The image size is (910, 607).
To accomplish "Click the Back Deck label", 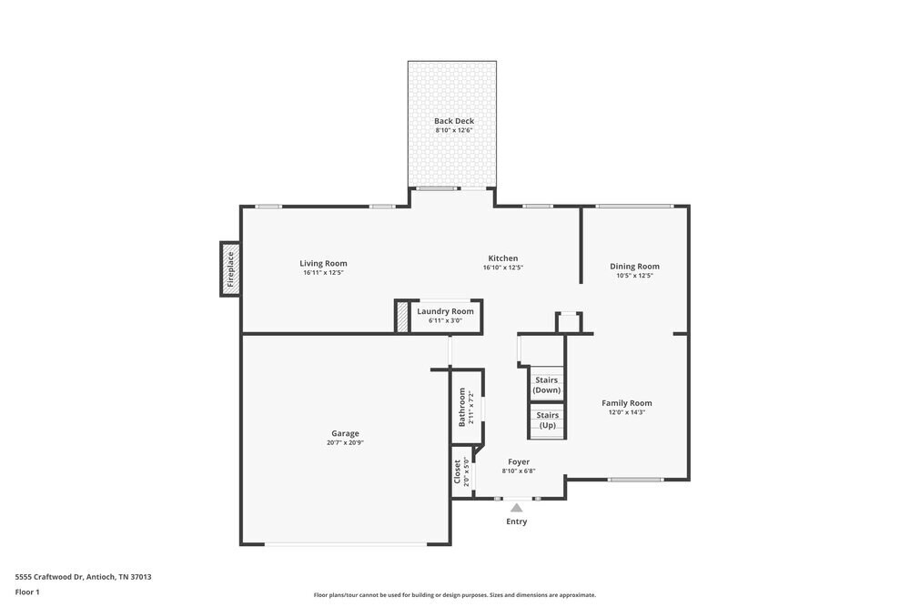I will (x=453, y=121).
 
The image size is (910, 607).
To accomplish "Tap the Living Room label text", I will (x=323, y=264).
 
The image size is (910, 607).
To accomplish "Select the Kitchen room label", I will (x=502, y=258).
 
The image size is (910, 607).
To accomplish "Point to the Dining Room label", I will (x=634, y=267).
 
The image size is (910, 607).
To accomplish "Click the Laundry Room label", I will (x=445, y=311).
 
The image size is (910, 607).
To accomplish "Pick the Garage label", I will (x=345, y=433).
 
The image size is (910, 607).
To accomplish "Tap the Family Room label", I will (x=626, y=403).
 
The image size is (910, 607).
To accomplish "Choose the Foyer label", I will (x=519, y=462).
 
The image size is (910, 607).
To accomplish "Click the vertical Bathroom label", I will (x=462, y=407).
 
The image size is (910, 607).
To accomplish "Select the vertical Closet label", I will (x=458, y=470).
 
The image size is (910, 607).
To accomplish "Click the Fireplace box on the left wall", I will (x=230, y=269).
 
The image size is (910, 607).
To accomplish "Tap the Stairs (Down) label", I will (x=547, y=385).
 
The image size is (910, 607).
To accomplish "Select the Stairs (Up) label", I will (x=547, y=420).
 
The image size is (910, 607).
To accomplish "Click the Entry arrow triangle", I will (x=516, y=507).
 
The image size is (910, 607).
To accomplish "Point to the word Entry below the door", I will (x=516, y=521).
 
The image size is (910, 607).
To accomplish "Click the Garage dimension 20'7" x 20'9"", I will (x=345, y=443).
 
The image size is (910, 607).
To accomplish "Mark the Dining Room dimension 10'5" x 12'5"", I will (x=634, y=276).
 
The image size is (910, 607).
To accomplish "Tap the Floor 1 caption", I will (x=27, y=592).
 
